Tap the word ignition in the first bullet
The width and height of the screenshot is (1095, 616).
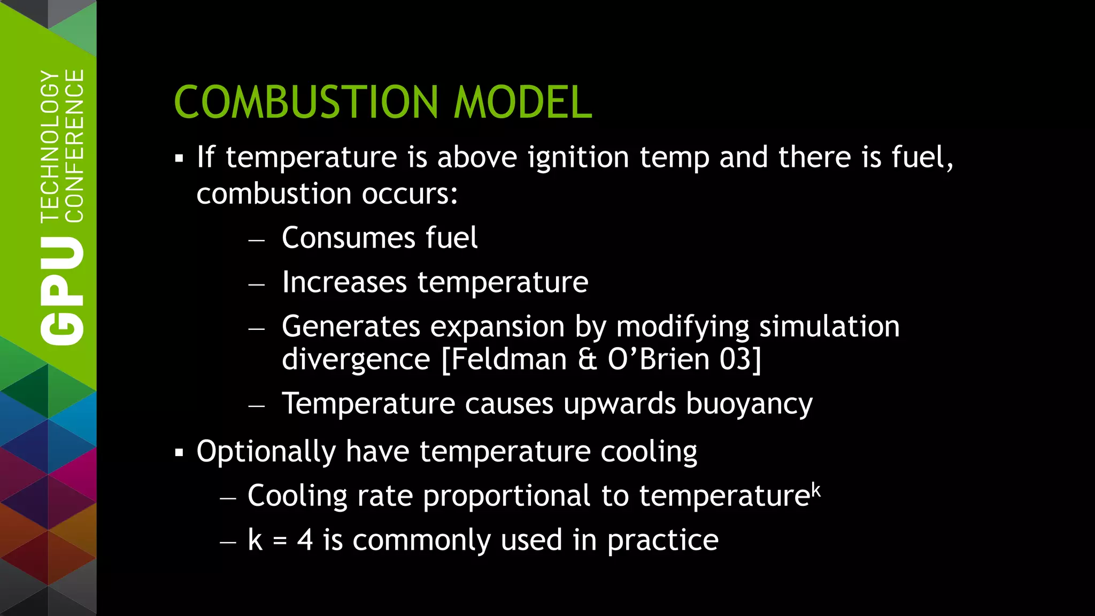[578, 158]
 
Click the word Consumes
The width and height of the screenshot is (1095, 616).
[348, 238]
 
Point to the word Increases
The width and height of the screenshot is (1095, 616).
[344, 282]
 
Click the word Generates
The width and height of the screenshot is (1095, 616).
[351, 327]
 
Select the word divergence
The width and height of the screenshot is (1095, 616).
[356, 359]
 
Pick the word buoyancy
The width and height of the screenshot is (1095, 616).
[749, 404]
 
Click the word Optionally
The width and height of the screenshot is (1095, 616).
[266, 452]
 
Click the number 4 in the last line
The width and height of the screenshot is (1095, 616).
[305, 540]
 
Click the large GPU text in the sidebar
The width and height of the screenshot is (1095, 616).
[62, 291]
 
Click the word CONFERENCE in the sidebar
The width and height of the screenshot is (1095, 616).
[74, 145]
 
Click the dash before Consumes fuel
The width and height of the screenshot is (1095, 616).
[257, 240]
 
